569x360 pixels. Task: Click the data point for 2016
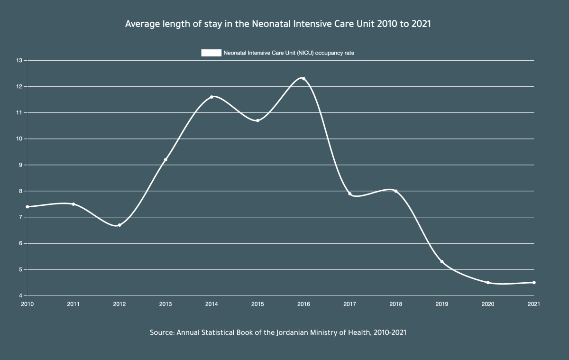[x=303, y=79]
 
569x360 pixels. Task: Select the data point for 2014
[x=211, y=97]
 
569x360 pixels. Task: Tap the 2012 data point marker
[x=119, y=225]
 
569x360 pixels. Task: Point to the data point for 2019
[x=442, y=262]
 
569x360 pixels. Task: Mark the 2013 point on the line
[x=165, y=160]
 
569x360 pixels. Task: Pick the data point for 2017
[x=349, y=194]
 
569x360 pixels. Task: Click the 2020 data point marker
[x=488, y=283]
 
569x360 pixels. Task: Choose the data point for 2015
[x=257, y=120]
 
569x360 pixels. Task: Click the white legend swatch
[x=211, y=53]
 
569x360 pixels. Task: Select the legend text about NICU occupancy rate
[x=289, y=53]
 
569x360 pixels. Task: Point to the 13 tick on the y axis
[x=19, y=60]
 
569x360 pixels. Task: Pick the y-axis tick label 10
[x=19, y=139]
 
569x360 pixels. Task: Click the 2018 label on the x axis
[x=395, y=304]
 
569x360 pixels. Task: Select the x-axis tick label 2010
[x=28, y=304]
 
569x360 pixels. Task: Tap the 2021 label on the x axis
[x=534, y=304]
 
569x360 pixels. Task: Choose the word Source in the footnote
[x=162, y=332]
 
